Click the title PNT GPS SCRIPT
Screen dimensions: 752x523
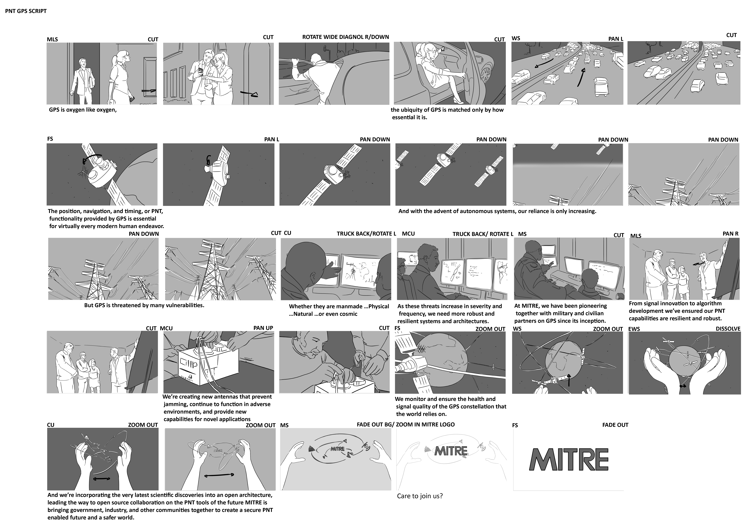[26, 11]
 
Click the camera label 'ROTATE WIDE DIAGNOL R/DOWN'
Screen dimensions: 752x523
[346, 37]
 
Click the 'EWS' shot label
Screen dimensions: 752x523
[634, 329]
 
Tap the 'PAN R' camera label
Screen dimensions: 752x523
[730, 234]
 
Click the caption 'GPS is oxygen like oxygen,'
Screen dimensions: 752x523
[83, 110]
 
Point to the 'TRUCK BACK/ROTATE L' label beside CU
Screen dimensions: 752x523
[366, 234]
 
